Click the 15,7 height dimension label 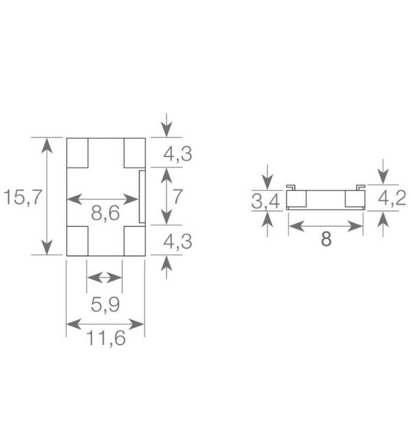point(22,197)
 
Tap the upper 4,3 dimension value point(177,153)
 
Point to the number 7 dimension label point(177,197)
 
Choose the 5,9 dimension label point(105,305)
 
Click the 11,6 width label point(105,337)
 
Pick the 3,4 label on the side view point(266,202)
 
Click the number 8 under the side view point(326,240)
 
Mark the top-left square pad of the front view point(78,153)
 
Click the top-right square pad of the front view point(134,153)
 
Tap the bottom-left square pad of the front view point(78,241)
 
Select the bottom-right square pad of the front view point(134,241)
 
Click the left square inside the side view point(296,199)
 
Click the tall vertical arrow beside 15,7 point(48,196)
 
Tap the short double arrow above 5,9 point(105,277)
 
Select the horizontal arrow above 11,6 point(105,323)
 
